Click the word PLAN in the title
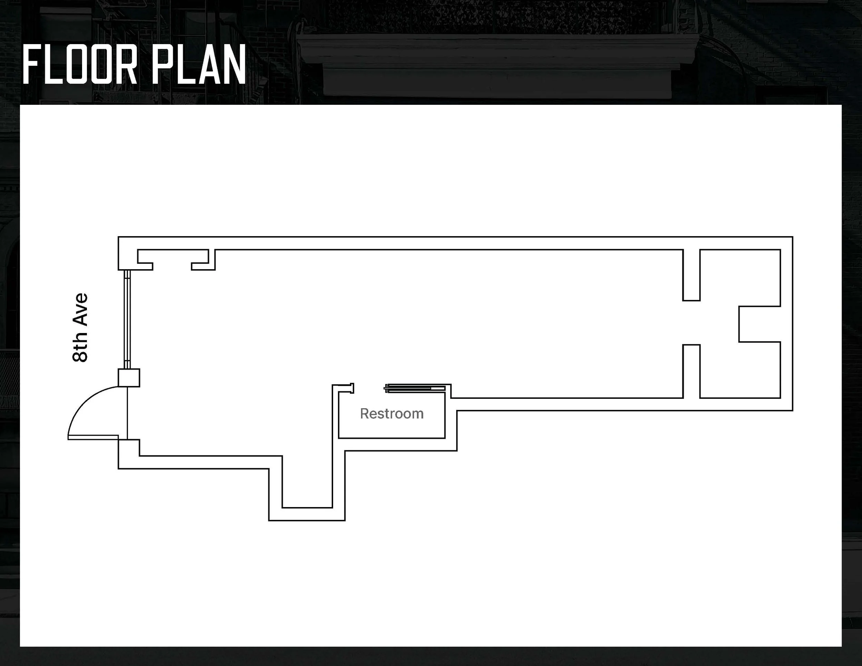point(199,64)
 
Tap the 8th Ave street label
point(80,327)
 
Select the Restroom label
point(392,413)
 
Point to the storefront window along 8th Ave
point(127,319)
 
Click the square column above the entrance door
point(129,377)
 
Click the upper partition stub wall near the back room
point(691,275)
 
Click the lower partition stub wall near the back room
point(691,371)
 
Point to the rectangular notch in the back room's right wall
point(759,324)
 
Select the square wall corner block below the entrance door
point(129,448)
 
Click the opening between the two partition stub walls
point(691,322)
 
